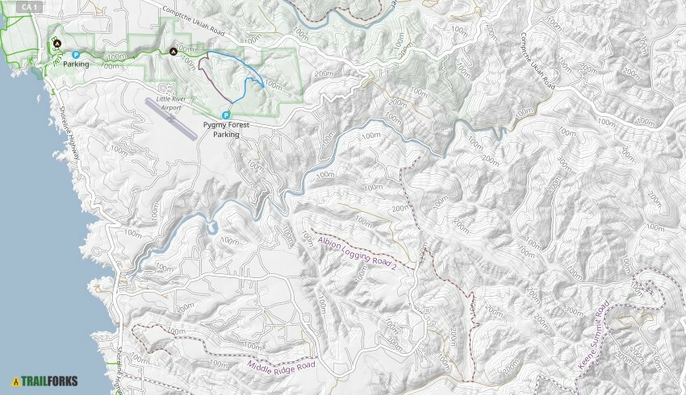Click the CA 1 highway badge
click(28, 6)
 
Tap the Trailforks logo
click(45, 380)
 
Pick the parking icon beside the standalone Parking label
click(75, 55)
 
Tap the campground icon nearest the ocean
click(57, 44)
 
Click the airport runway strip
click(171, 118)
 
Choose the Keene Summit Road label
click(595, 336)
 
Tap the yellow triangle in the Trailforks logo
click(16, 380)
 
